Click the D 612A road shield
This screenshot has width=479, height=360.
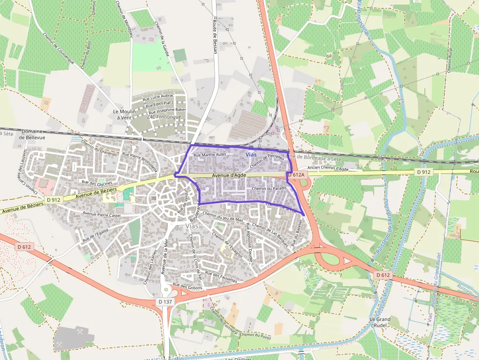tap(296, 174)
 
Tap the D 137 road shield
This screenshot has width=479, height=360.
tap(166, 302)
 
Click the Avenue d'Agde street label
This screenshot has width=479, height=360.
tap(229, 175)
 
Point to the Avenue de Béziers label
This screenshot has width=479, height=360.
tap(93, 193)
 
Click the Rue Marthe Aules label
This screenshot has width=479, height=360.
tap(210, 155)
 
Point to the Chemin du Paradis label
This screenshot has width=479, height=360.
tap(268, 189)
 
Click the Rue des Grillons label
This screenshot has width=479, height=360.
tap(188, 286)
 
